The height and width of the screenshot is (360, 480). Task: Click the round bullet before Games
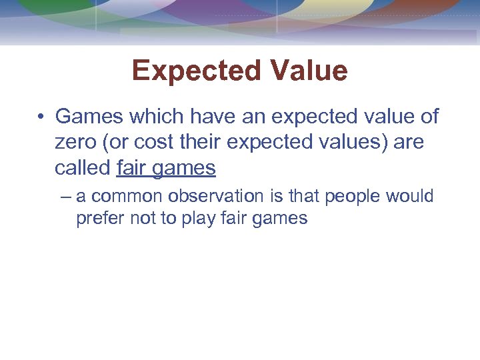[x=41, y=117]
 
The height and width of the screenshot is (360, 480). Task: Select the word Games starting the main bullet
[x=89, y=117]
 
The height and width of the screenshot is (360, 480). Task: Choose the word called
[x=83, y=167]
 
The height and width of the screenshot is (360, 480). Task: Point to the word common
[x=127, y=197]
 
